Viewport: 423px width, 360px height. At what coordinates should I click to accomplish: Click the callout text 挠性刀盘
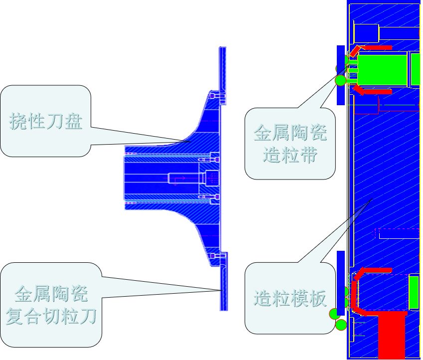[x=46, y=121]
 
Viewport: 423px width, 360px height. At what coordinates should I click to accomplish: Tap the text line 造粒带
[x=290, y=156]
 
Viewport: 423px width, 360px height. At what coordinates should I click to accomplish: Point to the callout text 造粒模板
[x=290, y=298]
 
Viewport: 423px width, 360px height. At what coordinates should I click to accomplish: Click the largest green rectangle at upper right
[x=383, y=69]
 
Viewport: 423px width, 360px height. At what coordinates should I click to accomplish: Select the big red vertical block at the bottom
[x=393, y=334]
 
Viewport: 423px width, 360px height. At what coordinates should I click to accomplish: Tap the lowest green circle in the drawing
[x=341, y=325]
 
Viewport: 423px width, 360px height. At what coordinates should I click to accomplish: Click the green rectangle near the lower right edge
[x=414, y=292]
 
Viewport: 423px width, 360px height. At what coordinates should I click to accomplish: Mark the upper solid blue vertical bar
[x=341, y=75]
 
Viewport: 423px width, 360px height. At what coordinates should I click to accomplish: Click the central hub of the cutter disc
[x=164, y=177]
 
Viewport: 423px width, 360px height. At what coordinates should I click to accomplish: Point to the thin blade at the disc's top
[x=223, y=70]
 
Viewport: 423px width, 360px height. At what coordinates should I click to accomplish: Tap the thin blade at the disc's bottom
[x=223, y=284]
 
